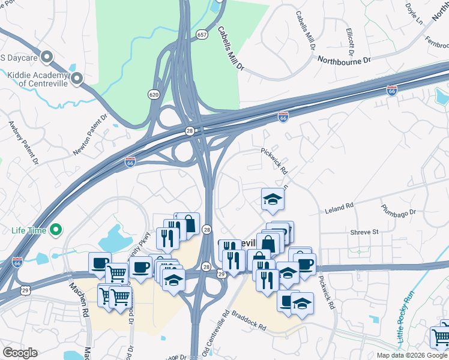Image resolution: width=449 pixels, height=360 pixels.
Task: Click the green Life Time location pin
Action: coord(56,229)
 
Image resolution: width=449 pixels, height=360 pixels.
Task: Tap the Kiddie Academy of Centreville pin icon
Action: coord(77,79)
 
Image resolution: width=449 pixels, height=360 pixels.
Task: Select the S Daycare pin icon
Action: coord(47,58)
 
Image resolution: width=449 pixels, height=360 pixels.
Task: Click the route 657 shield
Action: coord(202,35)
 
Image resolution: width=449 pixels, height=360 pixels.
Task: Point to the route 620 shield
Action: coord(154,94)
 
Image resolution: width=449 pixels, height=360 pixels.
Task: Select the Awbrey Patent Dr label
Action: coord(23,143)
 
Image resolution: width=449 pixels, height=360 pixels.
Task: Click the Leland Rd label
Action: coord(339,208)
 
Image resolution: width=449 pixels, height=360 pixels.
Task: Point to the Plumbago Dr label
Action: coord(398,211)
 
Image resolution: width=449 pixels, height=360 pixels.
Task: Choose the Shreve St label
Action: coord(365,231)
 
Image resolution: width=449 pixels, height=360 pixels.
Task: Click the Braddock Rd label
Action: coord(249,320)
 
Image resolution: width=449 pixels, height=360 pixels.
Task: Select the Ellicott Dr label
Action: coord(350,38)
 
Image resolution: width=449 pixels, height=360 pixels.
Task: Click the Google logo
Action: coord(20,353)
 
